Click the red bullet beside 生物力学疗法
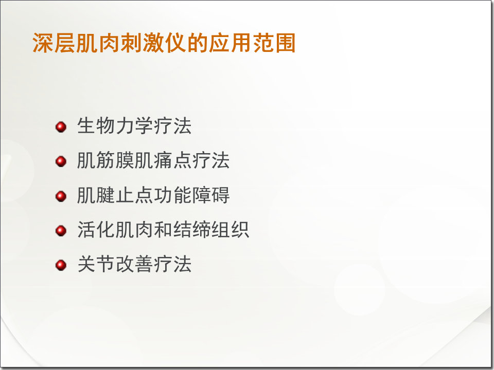pyautogui.click(x=61, y=126)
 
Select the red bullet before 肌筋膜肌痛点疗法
pyautogui.click(x=61, y=161)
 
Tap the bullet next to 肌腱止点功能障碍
pyautogui.click(x=61, y=196)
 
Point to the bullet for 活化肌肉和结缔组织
pyautogui.click(x=61, y=230)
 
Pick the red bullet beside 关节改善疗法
pyautogui.click(x=61, y=265)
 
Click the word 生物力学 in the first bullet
pyautogui.click(x=115, y=126)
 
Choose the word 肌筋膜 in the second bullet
pyautogui.click(x=105, y=161)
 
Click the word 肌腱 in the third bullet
pyautogui.click(x=96, y=195)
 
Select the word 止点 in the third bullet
pyautogui.click(x=134, y=195)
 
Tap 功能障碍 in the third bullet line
pyautogui.click(x=191, y=195)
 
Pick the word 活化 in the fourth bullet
pyautogui.click(x=96, y=230)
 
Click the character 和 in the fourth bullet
pyautogui.click(x=163, y=230)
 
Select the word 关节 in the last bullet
pyautogui.click(x=96, y=265)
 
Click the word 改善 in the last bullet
pyautogui.click(x=134, y=265)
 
